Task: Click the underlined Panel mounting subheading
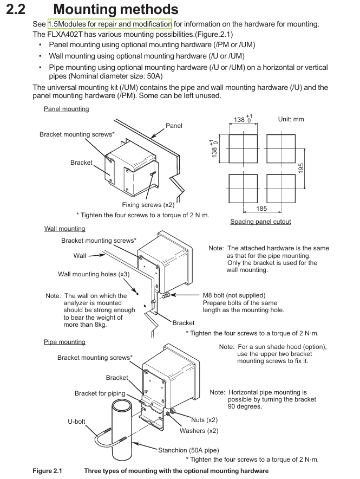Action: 66,109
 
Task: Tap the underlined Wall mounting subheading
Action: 64,229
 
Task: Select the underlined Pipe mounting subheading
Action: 64,342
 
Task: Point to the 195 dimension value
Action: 301,168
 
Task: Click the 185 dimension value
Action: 263,208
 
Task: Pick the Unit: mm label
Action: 291,119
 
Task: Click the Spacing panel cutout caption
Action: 260,221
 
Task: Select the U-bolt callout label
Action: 76,421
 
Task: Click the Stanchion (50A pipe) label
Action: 188,450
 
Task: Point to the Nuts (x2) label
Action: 204,419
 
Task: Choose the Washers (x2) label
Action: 199,431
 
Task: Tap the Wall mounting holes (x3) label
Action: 94,274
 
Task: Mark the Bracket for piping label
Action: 100,393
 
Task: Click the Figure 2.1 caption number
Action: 47,471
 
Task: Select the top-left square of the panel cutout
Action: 243,147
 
